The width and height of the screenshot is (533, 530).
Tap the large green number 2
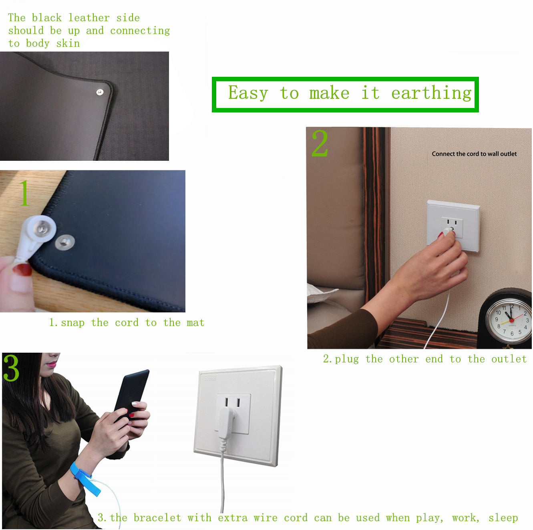click(x=320, y=143)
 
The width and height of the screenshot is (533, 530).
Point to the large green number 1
click(x=24, y=193)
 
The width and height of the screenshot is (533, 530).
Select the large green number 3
click(x=11, y=368)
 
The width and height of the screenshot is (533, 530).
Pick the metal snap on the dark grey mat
click(x=100, y=92)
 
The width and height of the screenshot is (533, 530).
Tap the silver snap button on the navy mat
click(x=65, y=242)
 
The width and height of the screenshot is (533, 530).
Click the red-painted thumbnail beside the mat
click(x=22, y=270)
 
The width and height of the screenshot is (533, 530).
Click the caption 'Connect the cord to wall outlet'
click(x=474, y=154)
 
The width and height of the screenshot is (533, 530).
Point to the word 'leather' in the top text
click(x=89, y=18)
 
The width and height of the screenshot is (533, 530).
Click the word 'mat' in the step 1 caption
click(x=195, y=322)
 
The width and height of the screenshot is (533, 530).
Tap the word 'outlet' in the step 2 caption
click(x=509, y=359)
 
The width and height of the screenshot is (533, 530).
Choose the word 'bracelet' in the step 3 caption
click(x=157, y=518)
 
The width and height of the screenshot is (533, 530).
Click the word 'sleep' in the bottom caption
click(x=503, y=518)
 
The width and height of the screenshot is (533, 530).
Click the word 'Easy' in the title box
click(x=248, y=93)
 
